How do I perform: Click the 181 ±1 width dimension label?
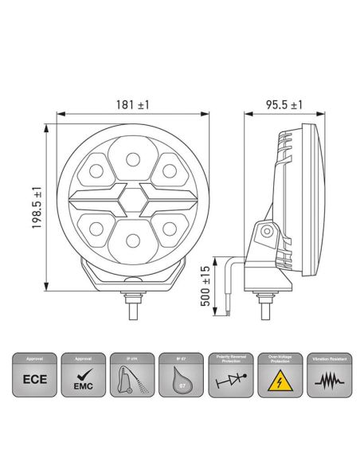click(x=133, y=104)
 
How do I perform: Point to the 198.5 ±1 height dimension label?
click(x=36, y=208)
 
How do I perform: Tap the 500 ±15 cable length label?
click(x=205, y=287)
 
